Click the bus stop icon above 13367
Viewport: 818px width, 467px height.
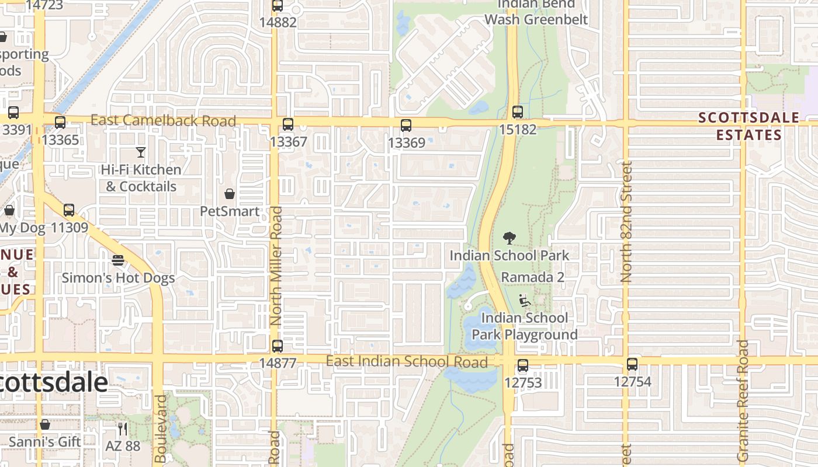tap(287, 124)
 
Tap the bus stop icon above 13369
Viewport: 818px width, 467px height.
tap(406, 126)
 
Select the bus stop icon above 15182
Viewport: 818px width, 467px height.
tap(517, 112)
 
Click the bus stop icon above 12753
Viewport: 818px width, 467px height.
tap(523, 366)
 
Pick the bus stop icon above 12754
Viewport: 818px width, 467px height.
tap(632, 365)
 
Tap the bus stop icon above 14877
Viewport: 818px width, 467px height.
tap(278, 346)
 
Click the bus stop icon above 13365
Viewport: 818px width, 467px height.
tap(60, 123)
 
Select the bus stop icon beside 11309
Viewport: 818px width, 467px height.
tap(69, 210)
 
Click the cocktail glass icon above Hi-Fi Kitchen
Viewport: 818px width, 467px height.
tap(141, 153)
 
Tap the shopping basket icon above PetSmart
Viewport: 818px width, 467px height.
tap(230, 194)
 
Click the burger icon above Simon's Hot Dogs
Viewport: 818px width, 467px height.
tap(118, 260)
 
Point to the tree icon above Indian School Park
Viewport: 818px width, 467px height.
tap(509, 238)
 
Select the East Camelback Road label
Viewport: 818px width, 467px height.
tap(164, 121)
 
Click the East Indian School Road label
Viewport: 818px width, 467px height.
tap(407, 361)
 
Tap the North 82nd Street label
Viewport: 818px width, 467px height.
tap(627, 222)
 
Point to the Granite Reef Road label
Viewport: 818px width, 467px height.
tap(743, 400)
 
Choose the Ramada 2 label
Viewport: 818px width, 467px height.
tap(533, 277)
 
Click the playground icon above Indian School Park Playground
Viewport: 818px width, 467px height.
tap(525, 301)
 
